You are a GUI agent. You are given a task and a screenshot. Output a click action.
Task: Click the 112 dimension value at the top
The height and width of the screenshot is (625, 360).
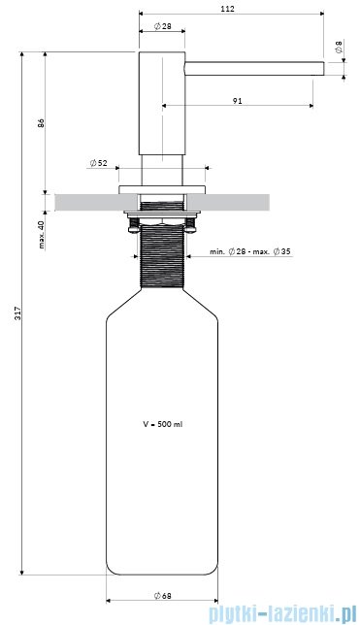click(x=229, y=9)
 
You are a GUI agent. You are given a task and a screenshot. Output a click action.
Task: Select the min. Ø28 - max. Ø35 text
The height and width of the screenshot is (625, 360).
click(x=251, y=252)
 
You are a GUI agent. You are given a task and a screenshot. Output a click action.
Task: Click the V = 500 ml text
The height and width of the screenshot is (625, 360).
click(x=162, y=423)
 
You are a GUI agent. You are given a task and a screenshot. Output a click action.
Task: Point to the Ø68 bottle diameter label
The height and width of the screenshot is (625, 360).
click(x=163, y=595)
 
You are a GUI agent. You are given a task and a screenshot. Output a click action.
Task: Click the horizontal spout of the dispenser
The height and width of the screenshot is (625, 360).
click(x=252, y=67)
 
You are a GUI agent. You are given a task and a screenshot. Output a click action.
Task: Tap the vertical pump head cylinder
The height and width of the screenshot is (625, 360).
click(x=162, y=107)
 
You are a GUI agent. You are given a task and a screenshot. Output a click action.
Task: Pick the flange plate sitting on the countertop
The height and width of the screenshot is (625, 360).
click(x=162, y=184)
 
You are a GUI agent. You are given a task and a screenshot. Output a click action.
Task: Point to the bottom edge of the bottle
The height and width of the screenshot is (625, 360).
click(x=162, y=574)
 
